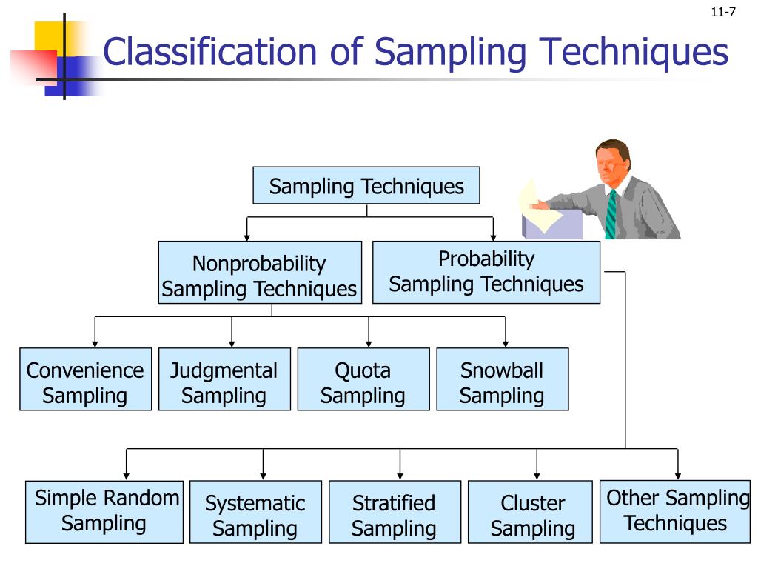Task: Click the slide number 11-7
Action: point(722,11)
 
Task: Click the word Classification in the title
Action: point(209,53)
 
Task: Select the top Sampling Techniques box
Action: point(366,186)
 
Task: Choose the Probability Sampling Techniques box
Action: point(486,272)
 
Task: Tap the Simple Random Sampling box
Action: point(104,512)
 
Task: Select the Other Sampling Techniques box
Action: point(675,511)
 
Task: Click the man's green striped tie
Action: point(611,215)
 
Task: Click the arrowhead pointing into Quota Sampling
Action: point(369,343)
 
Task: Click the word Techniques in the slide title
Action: point(634,53)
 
